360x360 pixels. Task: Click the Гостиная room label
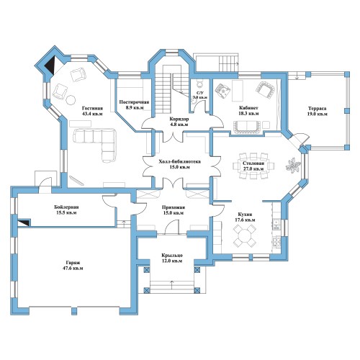pos(92,111)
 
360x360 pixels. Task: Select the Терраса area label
pos(318,111)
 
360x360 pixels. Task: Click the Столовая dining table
pos(253,166)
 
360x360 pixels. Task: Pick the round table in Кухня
pos(245,236)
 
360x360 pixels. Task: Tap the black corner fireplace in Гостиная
pos(51,65)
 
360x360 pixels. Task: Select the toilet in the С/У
pos(199,83)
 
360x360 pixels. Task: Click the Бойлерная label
pos(66,210)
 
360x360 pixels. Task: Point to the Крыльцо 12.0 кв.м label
pos(172,258)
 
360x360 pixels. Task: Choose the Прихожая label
pos(174,210)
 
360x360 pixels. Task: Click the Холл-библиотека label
pos(180,164)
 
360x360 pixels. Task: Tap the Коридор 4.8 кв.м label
pos(179,122)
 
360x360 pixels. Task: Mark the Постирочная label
pos(134,105)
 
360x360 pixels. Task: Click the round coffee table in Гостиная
pos(71,100)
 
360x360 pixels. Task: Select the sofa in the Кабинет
pos(247,127)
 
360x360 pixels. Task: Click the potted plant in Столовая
pos(293,165)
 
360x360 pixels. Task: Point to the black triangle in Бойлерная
pos(24,223)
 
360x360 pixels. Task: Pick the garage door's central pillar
pos(74,311)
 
